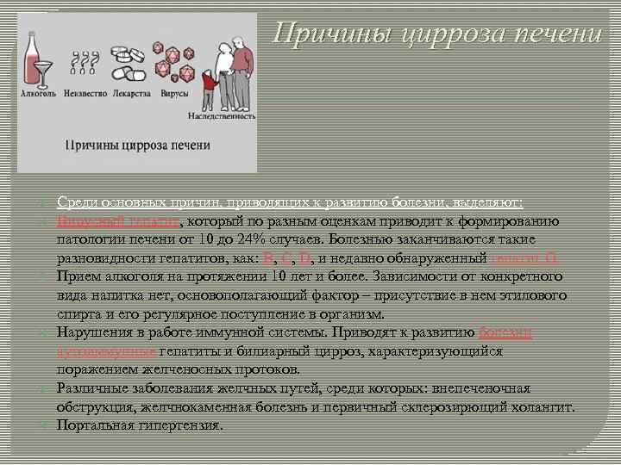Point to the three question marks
pyautogui.click(x=84, y=59)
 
